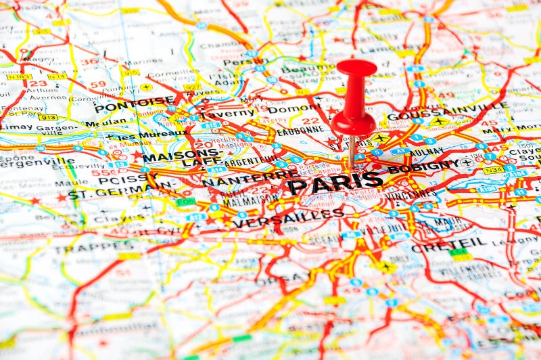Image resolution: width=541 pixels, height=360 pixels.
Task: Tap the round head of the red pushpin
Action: [356, 68]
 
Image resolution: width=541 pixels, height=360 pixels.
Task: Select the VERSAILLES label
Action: [288, 217]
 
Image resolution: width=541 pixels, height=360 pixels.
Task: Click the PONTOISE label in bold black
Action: [134, 104]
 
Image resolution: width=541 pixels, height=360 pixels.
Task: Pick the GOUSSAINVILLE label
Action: [448, 111]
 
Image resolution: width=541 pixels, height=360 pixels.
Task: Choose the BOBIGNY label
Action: [423, 166]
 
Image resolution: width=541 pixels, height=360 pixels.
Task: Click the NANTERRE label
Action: [250, 178]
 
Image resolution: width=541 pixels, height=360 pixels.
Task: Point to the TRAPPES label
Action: [87, 248]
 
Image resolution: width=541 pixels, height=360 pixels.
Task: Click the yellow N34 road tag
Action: [493, 170]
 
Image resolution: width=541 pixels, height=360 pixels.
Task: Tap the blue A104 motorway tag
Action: [518, 174]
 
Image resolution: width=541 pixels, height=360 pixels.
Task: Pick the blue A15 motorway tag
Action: [210, 125]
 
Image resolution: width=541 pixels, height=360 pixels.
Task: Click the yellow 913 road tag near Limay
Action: [47, 117]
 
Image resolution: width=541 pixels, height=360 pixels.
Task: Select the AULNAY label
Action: [427, 152]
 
